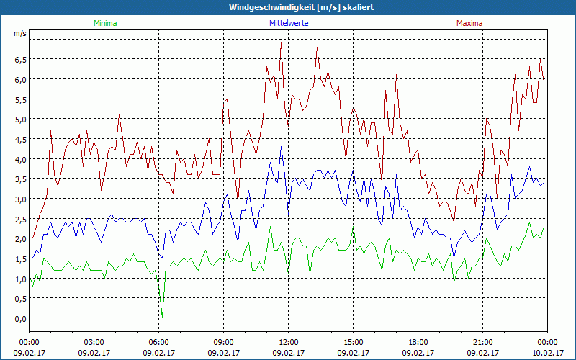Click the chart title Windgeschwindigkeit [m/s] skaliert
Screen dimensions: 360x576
pyautogui.click(x=301, y=7)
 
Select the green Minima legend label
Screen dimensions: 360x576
pyautogui.click(x=104, y=23)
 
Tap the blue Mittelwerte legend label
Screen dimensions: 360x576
pyautogui.click(x=288, y=23)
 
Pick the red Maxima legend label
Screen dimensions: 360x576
pyautogui.click(x=469, y=23)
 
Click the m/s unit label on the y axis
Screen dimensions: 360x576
pyautogui.click(x=20, y=33)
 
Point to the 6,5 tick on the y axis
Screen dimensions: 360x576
pyautogui.click(x=20, y=59)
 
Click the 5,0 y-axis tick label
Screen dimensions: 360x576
pyautogui.click(x=20, y=119)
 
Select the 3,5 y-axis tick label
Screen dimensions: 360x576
pyautogui.click(x=20, y=179)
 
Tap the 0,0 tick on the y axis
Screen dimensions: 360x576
pyautogui.click(x=20, y=318)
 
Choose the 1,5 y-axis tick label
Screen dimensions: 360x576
pyautogui.click(x=20, y=258)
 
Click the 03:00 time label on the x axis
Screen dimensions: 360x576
pyautogui.click(x=94, y=342)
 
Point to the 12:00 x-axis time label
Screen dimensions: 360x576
pyautogui.click(x=289, y=342)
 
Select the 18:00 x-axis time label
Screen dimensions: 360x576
pyautogui.click(x=418, y=342)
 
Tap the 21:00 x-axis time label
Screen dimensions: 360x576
pyautogui.click(x=483, y=342)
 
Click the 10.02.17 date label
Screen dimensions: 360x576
pyautogui.click(x=548, y=353)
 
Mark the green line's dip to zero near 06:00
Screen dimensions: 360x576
pyautogui.click(x=163, y=316)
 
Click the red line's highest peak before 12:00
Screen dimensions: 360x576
pyautogui.click(x=281, y=43)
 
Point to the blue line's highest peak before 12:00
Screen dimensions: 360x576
pyautogui.click(x=282, y=147)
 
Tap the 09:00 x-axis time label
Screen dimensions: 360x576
pyautogui.click(x=224, y=342)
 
